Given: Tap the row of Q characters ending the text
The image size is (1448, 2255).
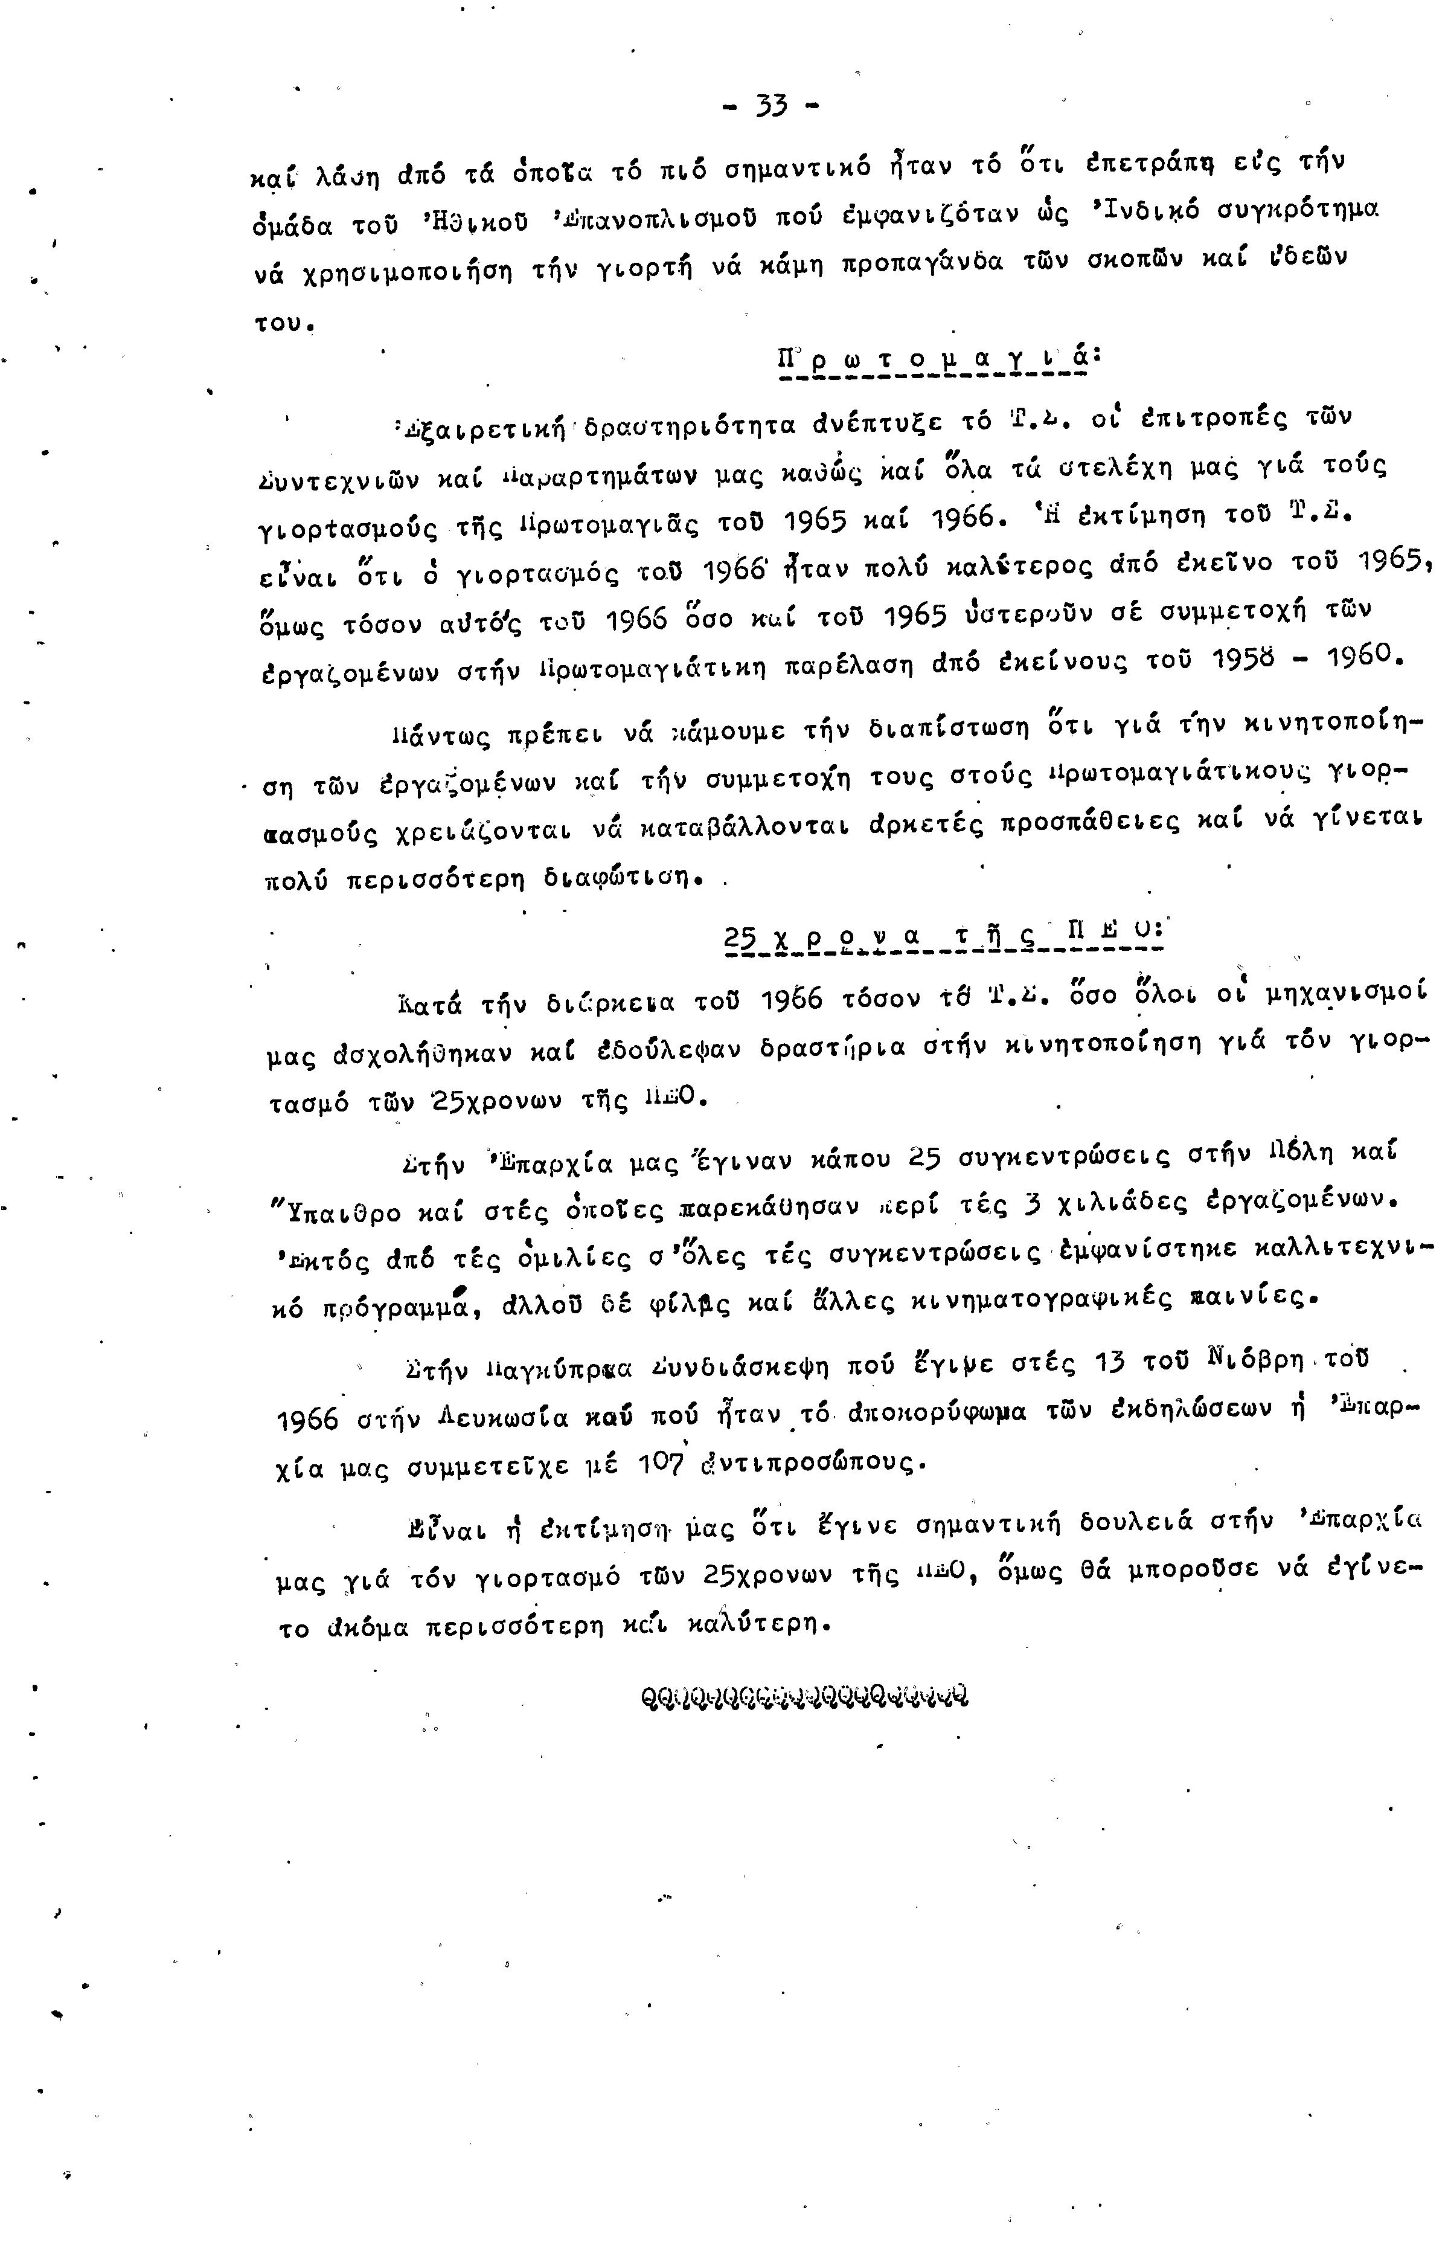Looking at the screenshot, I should pos(803,1696).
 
